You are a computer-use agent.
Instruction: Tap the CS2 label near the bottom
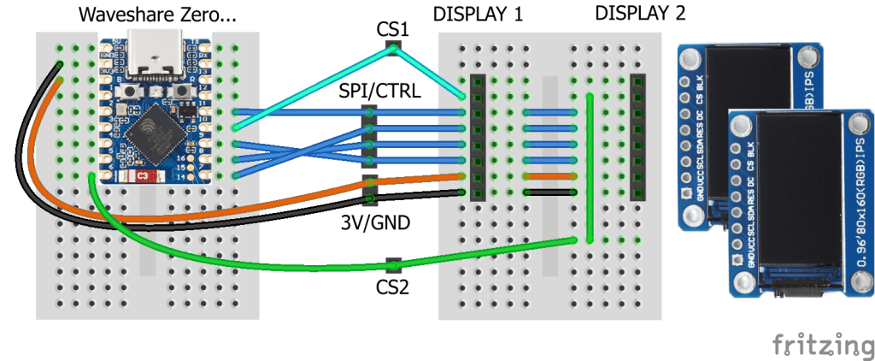tap(392, 286)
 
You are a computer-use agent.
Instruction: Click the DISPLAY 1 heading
tap(478, 15)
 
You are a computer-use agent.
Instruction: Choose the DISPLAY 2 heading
tap(640, 14)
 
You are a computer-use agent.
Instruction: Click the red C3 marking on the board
tap(143, 176)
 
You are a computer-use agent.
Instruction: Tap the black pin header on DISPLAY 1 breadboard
tap(478, 137)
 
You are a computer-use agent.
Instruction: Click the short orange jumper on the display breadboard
tap(538, 176)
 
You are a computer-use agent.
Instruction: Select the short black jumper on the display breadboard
tap(538, 192)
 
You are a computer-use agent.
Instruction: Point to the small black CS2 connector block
tap(392, 262)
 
